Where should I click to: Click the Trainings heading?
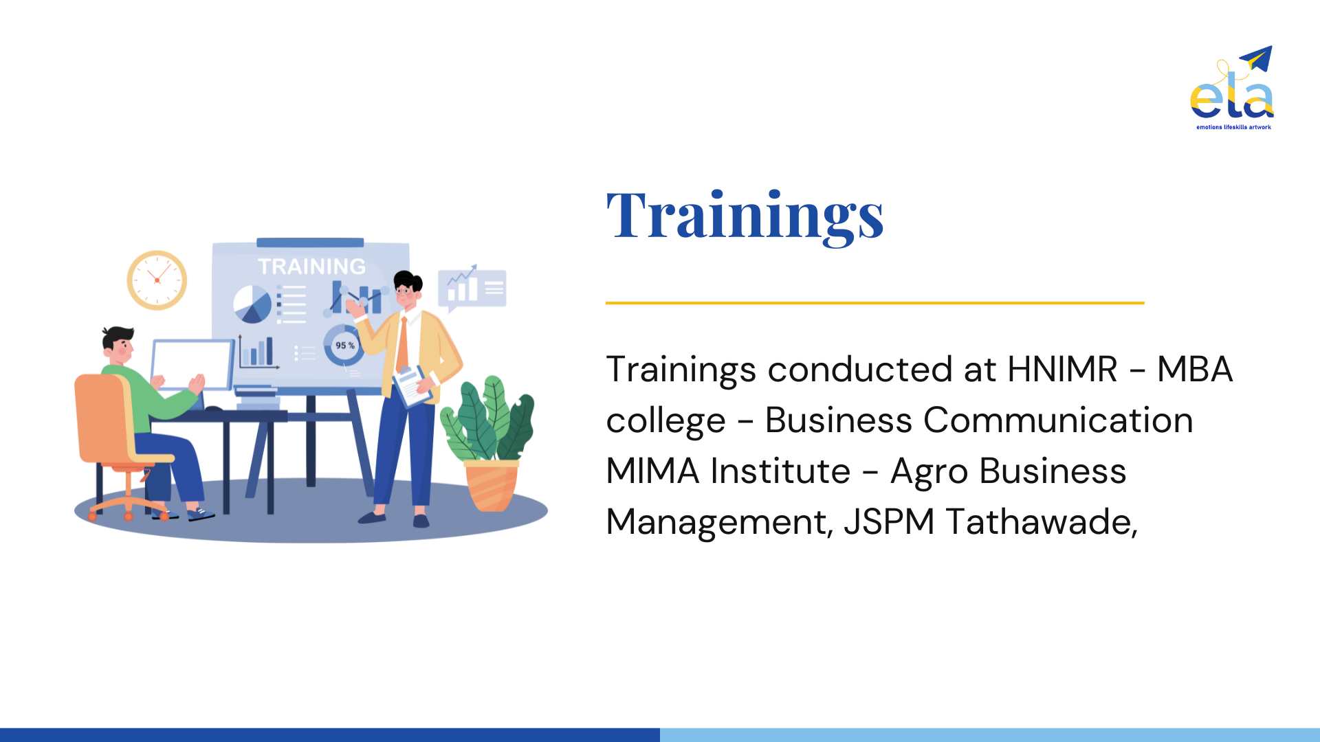[745, 216]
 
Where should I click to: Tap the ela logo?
[1232, 88]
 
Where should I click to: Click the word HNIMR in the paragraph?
[1062, 369]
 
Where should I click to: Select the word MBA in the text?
[1195, 369]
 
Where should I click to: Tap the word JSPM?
[889, 521]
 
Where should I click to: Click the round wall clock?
[157, 280]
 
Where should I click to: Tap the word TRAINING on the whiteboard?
[311, 267]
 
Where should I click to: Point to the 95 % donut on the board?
[343, 345]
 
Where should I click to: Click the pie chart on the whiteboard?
[252, 304]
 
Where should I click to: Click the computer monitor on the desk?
[192, 365]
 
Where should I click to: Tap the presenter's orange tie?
[403, 344]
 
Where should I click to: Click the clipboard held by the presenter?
[412, 386]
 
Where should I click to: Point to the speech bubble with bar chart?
[472, 288]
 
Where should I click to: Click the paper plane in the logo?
[1257, 58]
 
